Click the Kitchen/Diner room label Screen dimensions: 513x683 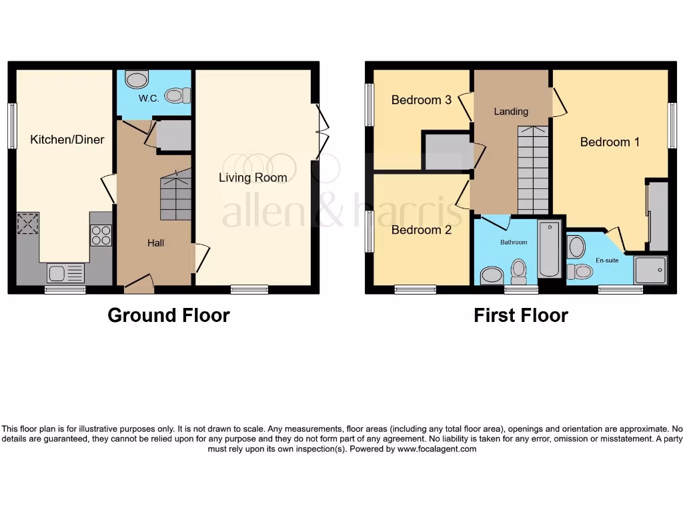[x=67, y=140]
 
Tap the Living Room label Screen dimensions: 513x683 [x=253, y=178]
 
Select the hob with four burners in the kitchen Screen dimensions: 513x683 [x=101, y=235]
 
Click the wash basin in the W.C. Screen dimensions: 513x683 [x=137, y=79]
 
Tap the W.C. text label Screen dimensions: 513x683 [x=148, y=98]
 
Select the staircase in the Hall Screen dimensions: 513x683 [x=176, y=195]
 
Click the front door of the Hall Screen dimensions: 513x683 [x=139, y=285]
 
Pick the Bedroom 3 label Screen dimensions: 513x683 [x=421, y=100]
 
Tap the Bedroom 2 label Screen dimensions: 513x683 [x=421, y=230]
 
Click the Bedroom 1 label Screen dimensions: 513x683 [x=610, y=142]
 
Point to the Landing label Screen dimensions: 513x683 [x=511, y=112]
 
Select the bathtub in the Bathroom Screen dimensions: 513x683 [x=550, y=248]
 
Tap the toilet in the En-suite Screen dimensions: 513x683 [x=580, y=271]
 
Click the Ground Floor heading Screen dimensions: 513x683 [x=169, y=315]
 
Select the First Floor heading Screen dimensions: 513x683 [x=520, y=315]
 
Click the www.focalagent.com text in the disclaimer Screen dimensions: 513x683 [x=437, y=450]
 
